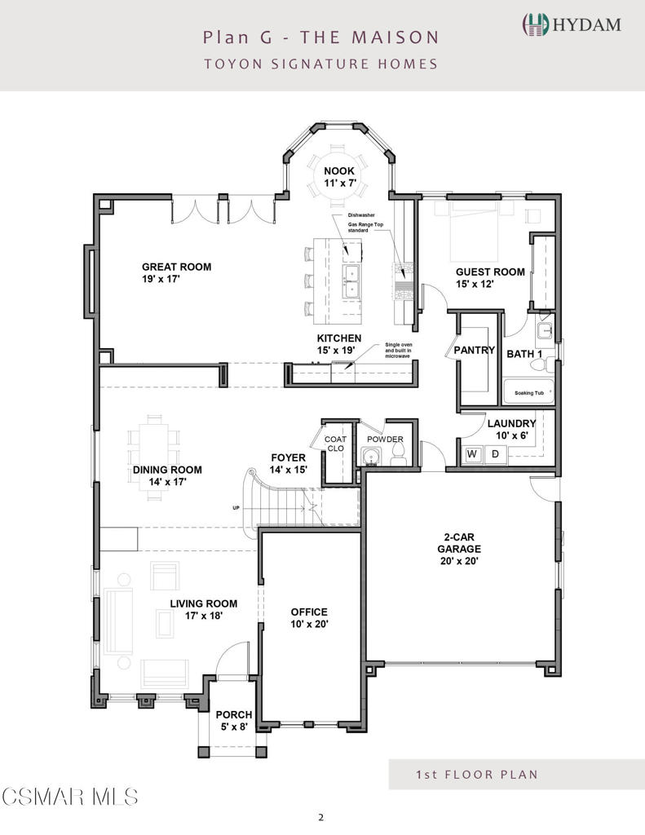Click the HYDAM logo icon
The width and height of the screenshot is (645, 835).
[534, 24]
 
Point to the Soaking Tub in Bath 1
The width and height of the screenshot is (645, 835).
[528, 392]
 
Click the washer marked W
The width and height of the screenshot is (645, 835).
[471, 453]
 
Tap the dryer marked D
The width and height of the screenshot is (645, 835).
[494, 453]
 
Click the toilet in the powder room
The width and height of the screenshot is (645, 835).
[398, 457]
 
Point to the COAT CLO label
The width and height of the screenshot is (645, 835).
[336, 444]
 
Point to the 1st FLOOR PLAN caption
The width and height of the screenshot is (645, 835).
[476, 774]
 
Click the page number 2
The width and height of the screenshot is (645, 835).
[322, 817]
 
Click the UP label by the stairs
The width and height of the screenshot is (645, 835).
[237, 508]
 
